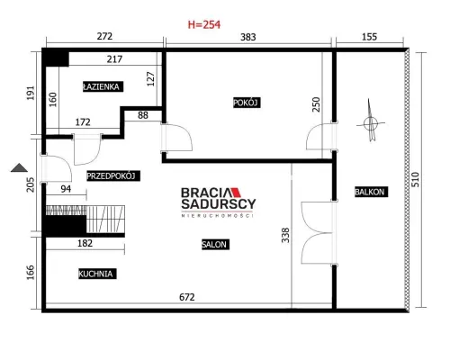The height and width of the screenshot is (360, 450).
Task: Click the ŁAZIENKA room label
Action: pyautogui.click(x=103, y=86)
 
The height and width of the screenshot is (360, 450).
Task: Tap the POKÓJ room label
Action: pyautogui.click(x=247, y=103)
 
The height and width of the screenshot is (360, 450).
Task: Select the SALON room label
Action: pyautogui.click(x=215, y=245)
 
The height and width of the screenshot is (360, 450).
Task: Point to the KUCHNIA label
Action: pyautogui.click(x=97, y=274)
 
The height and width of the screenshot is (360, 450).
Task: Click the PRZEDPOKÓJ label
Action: pyautogui.click(x=113, y=175)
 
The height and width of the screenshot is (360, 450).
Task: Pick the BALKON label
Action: pyautogui.click(x=371, y=192)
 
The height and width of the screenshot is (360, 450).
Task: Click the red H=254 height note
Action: pyautogui.click(x=204, y=24)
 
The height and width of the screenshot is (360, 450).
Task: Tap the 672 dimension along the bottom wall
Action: pyautogui.click(x=187, y=297)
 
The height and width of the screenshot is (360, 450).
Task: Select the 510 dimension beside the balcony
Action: pyautogui.click(x=415, y=179)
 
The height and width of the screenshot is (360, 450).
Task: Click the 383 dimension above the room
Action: pyautogui.click(x=248, y=37)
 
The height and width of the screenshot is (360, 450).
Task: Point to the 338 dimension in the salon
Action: pyautogui.click(x=285, y=235)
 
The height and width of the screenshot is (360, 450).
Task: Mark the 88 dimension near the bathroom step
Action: pyautogui.click(x=143, y=115)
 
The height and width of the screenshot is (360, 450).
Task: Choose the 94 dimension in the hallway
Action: pyautogui.click(x=66, y=189)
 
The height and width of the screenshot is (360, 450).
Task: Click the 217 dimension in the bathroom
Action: pyautogui.click(x=114, y=59)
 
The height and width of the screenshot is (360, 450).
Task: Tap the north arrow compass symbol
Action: pyautogui.click(x=371, y=121)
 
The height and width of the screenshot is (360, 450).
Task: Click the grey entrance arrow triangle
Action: pyautogui.click(x=19, y=168)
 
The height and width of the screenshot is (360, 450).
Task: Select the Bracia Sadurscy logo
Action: pyautogui.click(x=219, y=202)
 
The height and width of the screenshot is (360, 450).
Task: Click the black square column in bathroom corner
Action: pyautogui.click(x=57, y=58)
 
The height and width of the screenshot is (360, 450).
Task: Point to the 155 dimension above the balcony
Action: pyautogui.click(x=369, y=37)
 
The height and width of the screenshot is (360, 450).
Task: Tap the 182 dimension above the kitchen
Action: pyautogui.click(x=85, y=243)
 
